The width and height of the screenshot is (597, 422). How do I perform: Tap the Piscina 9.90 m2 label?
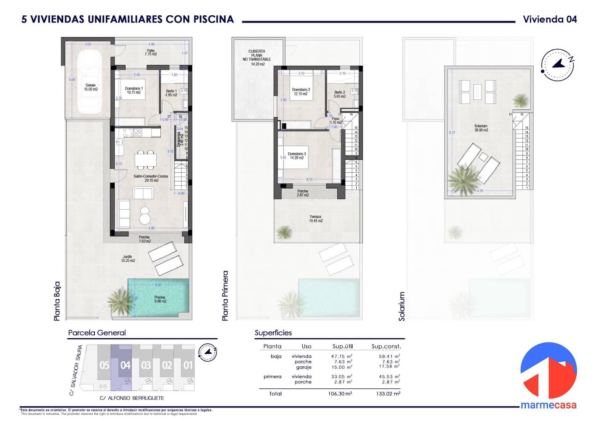coord(160,299)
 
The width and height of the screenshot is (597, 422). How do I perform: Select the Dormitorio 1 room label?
coord(134,90)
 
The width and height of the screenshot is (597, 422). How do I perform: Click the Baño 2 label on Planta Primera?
coord(340,94)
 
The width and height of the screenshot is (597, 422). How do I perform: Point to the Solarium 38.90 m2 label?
coord(481,128)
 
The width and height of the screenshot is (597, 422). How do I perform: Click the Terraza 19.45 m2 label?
coord(316,219)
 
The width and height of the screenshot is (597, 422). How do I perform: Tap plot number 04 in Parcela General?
coord(125,365)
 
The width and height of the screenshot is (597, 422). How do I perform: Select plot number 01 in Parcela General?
coord(188,365)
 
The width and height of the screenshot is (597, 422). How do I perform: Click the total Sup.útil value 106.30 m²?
coord(340,394)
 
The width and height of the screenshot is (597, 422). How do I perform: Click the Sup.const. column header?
coord(386,346)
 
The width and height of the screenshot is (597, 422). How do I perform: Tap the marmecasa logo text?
coord(548,405)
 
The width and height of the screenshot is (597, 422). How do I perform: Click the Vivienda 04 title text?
coord(550,19)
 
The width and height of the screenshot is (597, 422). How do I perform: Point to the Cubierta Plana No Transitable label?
coord(257,58)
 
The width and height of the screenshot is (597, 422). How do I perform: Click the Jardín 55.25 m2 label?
coord(128,258)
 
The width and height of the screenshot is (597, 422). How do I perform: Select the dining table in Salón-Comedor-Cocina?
coord(146,160)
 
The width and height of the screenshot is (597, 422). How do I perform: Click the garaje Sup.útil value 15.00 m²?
coord(341,367)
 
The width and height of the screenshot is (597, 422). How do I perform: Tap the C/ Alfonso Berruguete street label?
coord(132,398)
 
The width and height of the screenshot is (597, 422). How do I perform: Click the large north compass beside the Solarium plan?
coord(557,65)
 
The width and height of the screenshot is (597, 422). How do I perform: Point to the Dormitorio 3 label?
coord(297,156)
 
